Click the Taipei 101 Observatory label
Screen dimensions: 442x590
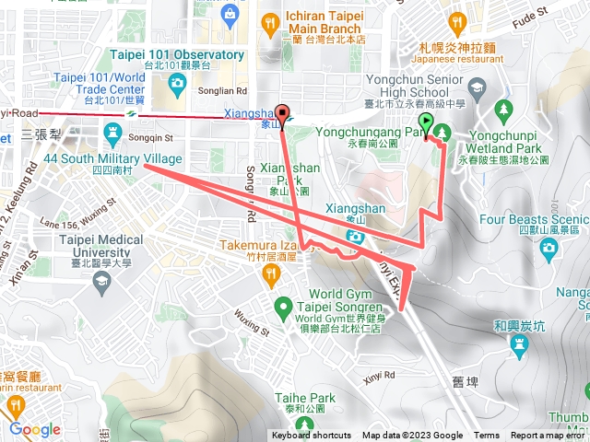177,55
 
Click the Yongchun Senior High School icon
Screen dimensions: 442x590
477,88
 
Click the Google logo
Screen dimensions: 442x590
35,429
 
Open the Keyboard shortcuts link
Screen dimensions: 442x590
311,436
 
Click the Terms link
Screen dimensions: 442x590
487,436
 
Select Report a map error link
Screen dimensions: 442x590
548,436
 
